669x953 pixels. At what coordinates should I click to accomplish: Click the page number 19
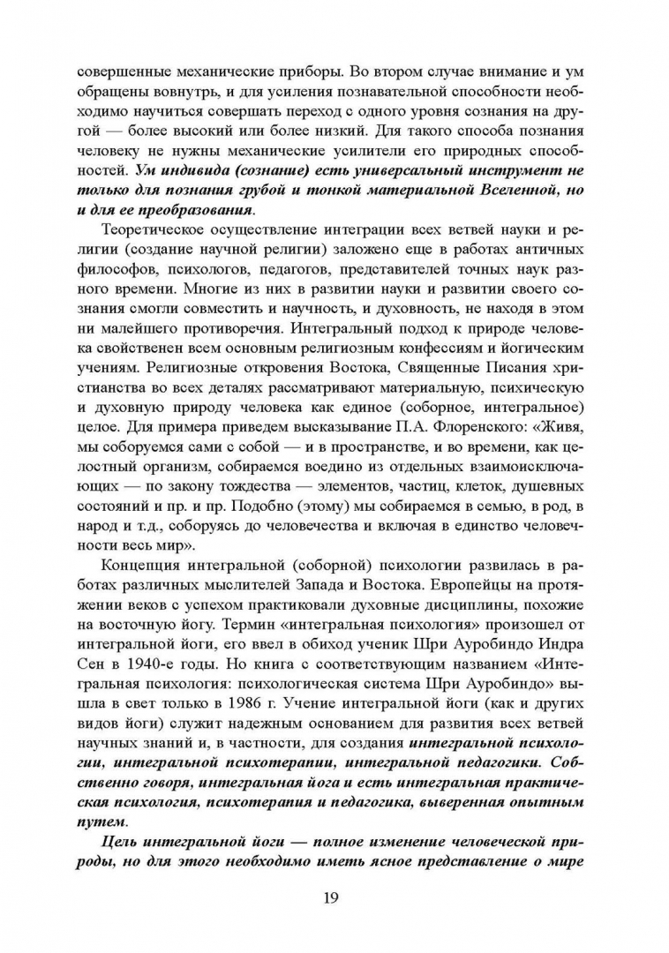[x=333, y=898]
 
